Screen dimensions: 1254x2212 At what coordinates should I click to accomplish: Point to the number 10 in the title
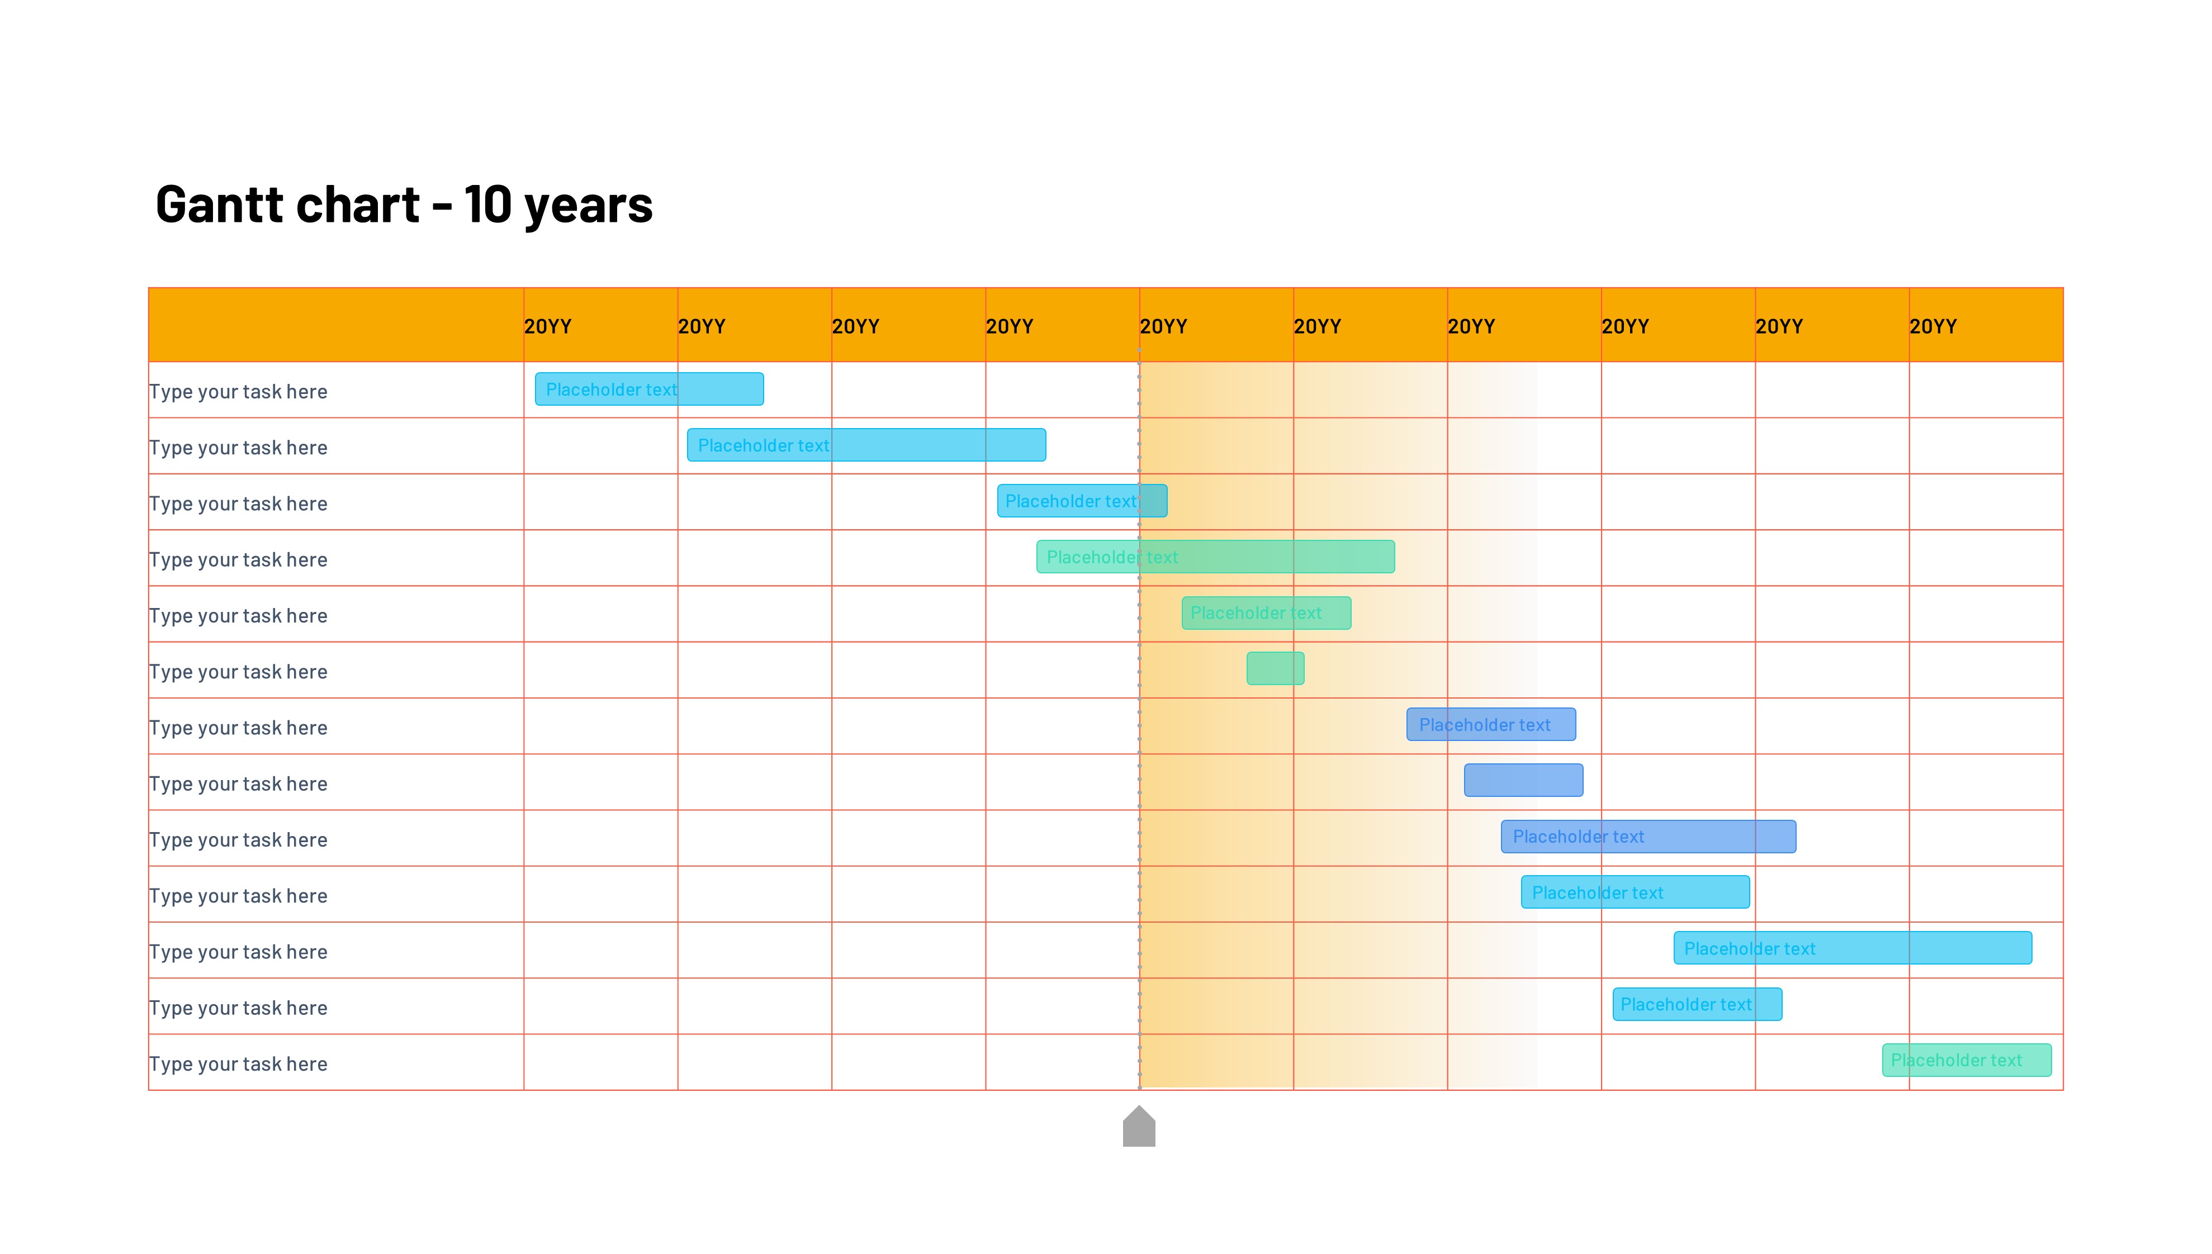coord(487,205)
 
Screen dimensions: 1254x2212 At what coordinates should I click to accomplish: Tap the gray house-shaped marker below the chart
coord(1139,1127)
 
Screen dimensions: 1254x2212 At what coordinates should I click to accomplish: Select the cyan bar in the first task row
coord(648,389)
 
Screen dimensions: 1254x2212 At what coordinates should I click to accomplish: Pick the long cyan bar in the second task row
coord(866,445)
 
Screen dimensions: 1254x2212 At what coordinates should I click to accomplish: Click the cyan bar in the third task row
coord(1082,501)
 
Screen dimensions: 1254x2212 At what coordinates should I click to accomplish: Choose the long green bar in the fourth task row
coord(1215,557)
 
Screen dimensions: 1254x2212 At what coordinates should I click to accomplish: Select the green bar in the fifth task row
coord(1266,613)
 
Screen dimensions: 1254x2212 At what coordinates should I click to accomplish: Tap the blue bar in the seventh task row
coord(1491,725)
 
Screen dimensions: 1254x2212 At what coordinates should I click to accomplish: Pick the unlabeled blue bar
coord(1523,780)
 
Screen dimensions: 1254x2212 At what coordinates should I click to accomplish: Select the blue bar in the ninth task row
coord(1648,837)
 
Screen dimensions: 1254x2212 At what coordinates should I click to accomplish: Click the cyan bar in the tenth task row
coord(1635,892)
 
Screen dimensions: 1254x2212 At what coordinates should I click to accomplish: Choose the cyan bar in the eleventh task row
coord(1852,948)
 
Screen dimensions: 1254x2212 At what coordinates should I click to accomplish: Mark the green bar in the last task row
coord(1967,1060)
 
